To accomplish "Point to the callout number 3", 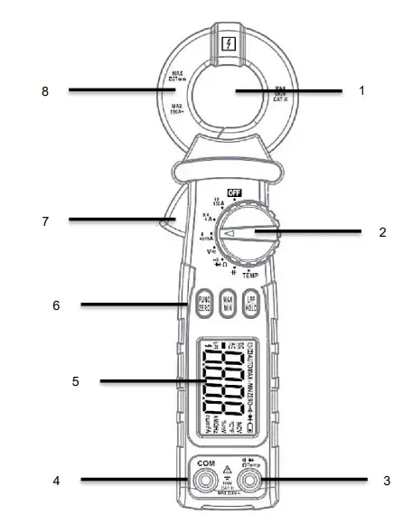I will [385, 481].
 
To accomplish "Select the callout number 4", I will [55, 481].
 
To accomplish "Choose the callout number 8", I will [44, 90].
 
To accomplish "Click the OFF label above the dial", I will [234, 192].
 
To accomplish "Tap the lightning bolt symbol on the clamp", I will [229, 42].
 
